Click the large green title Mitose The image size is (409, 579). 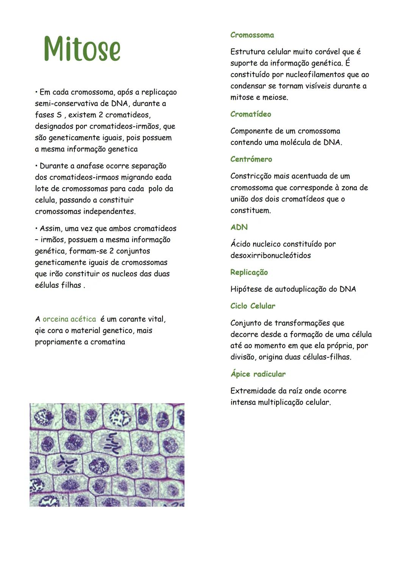[82, 49]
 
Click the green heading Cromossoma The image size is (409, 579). [252, 35]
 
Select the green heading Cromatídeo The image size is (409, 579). [250, 114]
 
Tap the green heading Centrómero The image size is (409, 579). [251, 159]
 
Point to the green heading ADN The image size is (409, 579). [239, 227]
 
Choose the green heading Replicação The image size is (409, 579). [249, 272]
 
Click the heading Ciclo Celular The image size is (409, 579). [253, 306]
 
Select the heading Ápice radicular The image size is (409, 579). [258, 374]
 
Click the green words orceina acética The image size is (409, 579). [69, 319]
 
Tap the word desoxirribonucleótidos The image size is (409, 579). [270, 256]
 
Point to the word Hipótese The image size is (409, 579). [246, 289]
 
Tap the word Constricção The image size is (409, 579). [250, 176]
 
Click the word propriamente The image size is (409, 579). [58, 342]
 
